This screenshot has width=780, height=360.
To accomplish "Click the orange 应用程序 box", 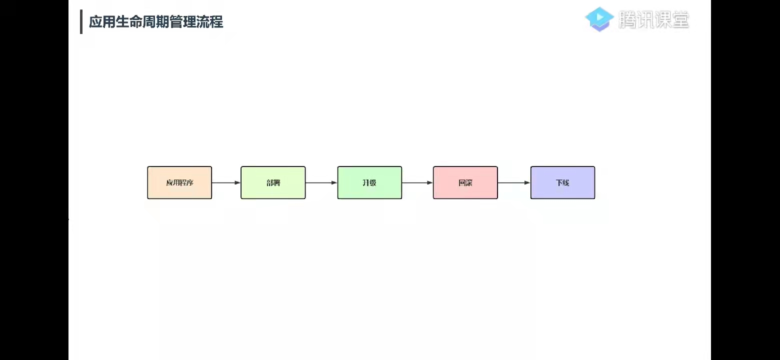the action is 179,182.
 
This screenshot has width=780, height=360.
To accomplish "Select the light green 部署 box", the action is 273,182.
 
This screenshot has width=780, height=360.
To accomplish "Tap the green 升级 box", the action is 369,182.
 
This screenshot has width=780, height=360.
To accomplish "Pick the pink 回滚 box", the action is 465,182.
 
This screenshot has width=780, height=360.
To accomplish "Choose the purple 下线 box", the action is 562,182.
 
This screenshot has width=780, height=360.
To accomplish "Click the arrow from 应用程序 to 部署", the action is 226,182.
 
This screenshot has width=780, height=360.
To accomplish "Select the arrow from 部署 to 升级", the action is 321,182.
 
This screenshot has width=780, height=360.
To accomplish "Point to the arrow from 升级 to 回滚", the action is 417,182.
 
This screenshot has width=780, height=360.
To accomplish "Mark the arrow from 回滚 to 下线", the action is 513,182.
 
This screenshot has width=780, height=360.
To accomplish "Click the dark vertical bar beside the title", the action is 81,21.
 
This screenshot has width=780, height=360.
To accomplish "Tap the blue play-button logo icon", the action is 599,19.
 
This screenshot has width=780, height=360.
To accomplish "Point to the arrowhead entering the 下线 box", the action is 527,182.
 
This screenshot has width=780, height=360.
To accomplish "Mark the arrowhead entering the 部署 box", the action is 237,182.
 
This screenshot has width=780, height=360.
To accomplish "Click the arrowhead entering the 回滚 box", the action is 429,182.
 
